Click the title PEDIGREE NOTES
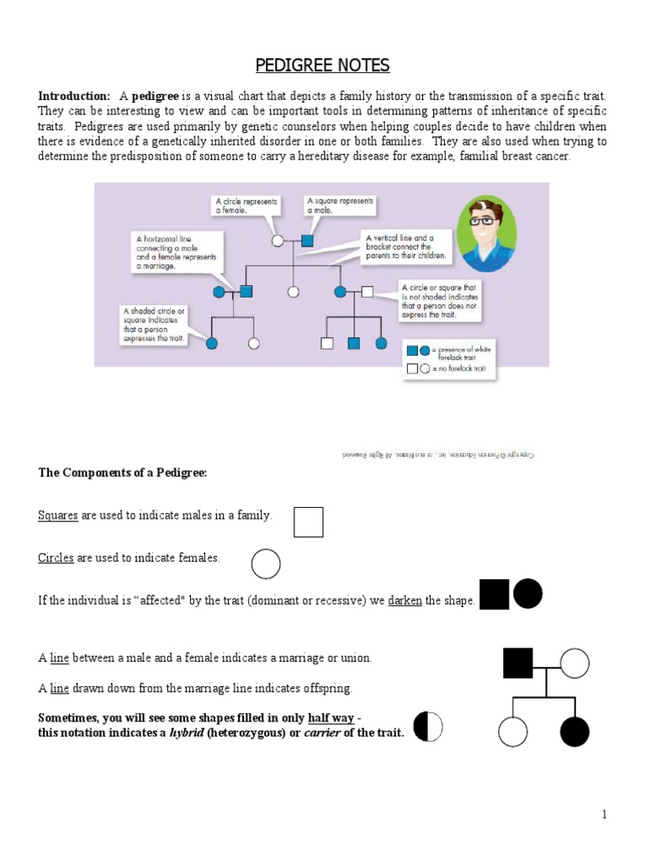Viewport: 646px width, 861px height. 322,66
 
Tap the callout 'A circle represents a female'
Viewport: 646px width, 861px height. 246,206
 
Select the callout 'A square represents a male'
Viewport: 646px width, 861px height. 340,206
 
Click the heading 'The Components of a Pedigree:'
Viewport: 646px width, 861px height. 123,473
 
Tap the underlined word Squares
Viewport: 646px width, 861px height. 58,515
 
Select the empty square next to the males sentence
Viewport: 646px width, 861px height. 308,522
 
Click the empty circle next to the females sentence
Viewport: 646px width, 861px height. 266,563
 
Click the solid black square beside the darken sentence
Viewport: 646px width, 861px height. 495,594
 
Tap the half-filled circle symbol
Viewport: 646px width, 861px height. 427,726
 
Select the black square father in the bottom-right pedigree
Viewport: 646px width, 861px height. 518,663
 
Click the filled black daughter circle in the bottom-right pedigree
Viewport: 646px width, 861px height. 575,732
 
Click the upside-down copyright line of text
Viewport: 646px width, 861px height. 438,455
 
